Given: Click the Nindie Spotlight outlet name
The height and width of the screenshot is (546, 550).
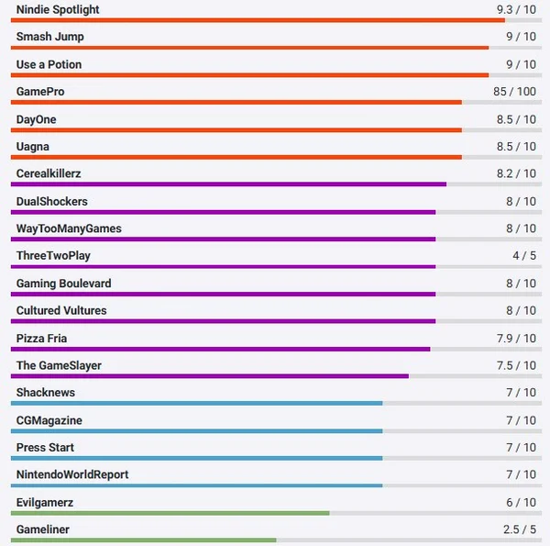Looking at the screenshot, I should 58,9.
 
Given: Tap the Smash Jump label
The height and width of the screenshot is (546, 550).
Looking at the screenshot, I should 49,37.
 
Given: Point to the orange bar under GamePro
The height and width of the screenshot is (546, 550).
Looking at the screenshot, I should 236,103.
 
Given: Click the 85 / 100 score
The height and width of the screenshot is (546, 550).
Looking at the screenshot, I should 514,92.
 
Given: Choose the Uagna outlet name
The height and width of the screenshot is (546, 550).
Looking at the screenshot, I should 33,147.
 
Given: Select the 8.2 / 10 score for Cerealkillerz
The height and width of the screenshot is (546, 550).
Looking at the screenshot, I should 516,173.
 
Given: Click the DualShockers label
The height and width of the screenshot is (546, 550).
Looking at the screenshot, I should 52,201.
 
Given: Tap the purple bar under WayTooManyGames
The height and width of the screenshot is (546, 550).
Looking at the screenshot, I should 223,240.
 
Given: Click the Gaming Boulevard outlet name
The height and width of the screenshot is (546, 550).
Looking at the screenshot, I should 64,284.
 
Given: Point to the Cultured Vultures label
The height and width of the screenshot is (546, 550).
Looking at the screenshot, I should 61,310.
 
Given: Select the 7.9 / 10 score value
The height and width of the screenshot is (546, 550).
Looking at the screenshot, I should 516,339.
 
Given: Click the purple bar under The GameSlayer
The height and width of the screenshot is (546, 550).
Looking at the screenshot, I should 210,375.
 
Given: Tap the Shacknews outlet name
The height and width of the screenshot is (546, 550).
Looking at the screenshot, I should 46,393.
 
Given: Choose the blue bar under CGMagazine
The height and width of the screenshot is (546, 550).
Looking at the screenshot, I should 196,430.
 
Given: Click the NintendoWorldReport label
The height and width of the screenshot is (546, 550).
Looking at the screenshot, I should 72,474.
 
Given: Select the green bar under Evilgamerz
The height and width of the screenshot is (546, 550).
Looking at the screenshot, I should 170,512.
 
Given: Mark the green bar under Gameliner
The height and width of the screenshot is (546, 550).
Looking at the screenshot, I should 143,540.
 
